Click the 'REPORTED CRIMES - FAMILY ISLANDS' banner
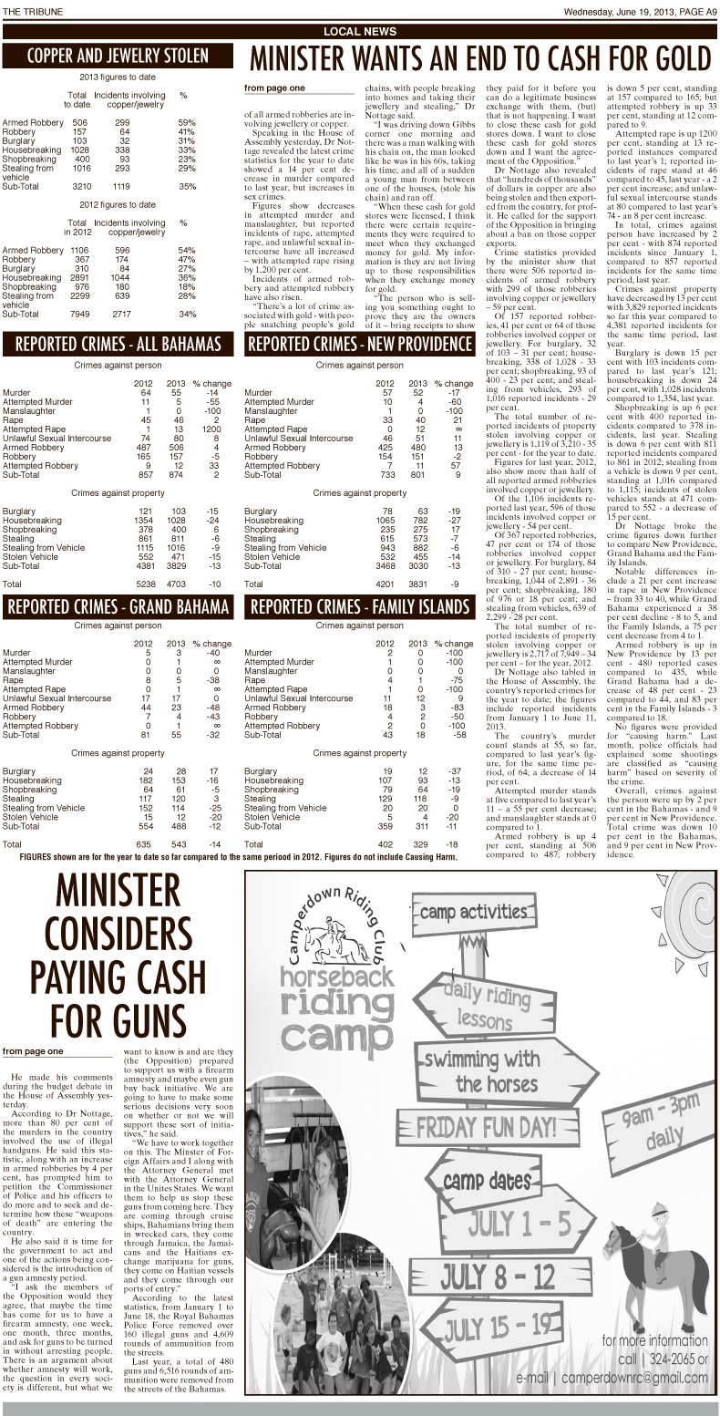coord(360,606)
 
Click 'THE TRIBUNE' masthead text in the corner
coord(28,10)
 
